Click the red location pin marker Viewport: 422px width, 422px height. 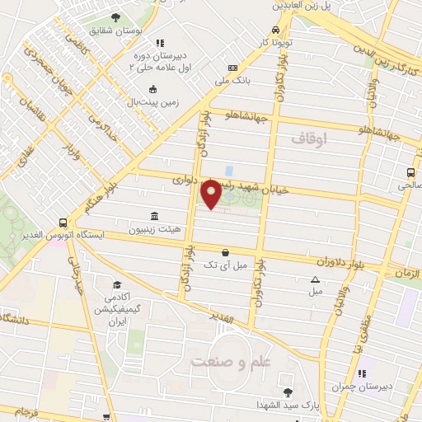(211, 194)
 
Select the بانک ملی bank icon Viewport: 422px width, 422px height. (233, 68)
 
